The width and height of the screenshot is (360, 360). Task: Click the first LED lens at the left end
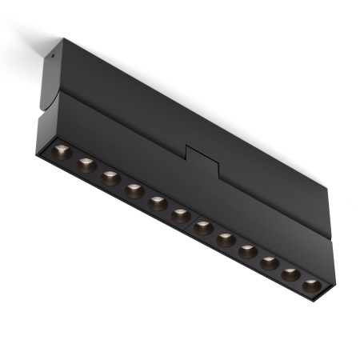point(60,151)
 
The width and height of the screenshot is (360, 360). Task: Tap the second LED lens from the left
point(86,165)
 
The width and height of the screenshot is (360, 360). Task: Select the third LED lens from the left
point(110,178)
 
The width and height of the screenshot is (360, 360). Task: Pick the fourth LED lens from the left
point(134,191)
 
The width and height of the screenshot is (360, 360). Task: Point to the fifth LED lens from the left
point(158,203)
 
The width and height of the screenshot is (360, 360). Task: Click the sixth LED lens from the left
point(181,215)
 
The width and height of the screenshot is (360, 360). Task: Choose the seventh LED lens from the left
point(204,226)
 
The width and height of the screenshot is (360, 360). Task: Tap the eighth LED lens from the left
point(226,238)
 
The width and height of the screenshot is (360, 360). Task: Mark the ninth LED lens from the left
point(248,250)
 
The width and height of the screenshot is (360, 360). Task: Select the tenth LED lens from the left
point(270,262)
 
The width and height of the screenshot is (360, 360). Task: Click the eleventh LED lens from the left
point(291,273)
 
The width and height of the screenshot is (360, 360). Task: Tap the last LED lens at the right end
point(312,284)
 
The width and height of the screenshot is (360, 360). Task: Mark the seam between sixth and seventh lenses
point(192,222)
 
